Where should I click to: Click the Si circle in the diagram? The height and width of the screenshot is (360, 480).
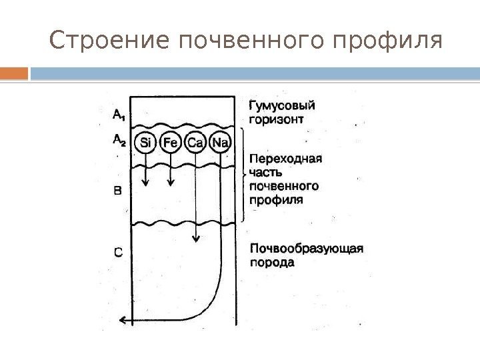145,143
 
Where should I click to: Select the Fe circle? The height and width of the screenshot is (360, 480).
170,143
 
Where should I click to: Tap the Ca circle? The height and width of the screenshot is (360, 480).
195,143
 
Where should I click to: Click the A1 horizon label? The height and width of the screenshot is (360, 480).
117,116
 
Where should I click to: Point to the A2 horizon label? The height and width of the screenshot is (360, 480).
117,140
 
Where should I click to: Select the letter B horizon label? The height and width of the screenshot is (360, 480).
117,191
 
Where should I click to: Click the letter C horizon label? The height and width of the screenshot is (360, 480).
117,253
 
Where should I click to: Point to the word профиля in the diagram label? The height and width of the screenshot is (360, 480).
275,199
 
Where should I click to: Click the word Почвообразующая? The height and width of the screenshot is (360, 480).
306,249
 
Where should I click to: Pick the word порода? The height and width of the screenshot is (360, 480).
271,263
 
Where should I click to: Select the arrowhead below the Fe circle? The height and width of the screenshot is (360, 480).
170,182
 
